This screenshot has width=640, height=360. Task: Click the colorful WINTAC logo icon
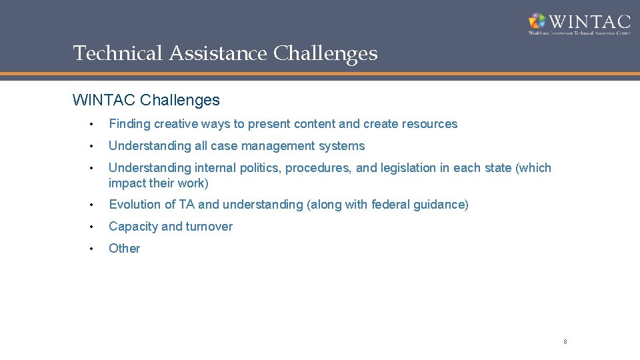click(x=537, y=21)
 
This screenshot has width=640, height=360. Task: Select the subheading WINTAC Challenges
click(x=146, y=101)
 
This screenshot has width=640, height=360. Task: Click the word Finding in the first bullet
click(x=129, y=124)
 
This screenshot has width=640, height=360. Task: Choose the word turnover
click(x=209, y=227)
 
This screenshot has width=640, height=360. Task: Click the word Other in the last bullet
click(x=125, y=249)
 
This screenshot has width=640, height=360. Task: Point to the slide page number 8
click(x=565, y=342)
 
